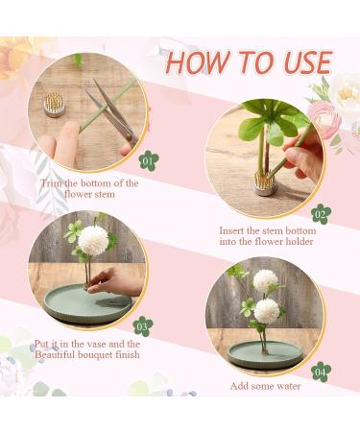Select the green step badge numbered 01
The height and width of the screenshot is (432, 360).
(x=148, y=160)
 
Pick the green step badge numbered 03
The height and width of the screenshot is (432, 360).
(x=143, y=326)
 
